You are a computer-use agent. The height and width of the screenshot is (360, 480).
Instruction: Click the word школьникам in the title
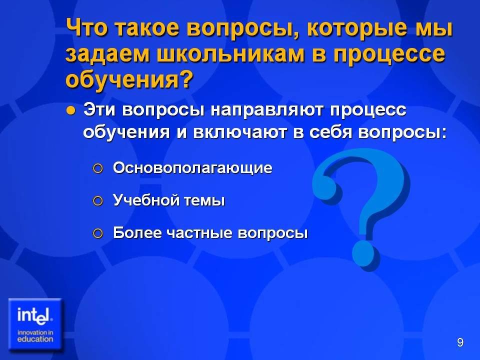point(231,54)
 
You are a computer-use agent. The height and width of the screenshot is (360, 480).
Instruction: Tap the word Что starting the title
point(87,27)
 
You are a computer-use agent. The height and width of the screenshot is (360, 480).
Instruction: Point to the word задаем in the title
point(108,55)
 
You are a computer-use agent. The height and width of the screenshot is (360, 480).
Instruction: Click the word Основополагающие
point(192,168)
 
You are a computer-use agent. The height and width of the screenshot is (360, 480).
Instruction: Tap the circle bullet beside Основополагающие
point(97,168)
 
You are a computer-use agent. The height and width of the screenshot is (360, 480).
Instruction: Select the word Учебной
point(146,200)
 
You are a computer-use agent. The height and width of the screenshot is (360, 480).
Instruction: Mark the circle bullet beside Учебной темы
point(97,201)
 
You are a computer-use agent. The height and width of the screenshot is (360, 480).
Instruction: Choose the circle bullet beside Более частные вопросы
point(97,234)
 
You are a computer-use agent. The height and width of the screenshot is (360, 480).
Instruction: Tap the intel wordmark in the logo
point(34,315)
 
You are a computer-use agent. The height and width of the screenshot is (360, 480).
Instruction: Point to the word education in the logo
point(35,339)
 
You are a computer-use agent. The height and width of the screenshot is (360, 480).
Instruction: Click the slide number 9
point(460,342)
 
